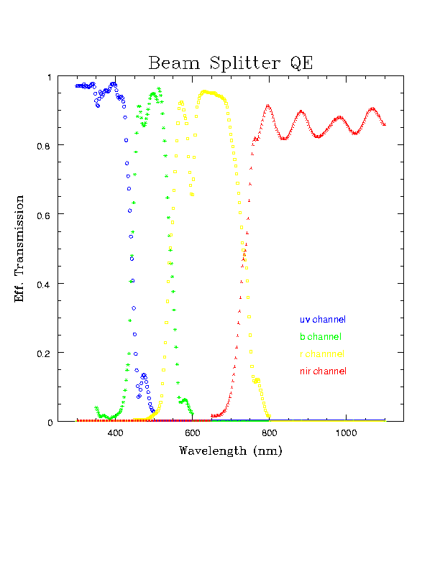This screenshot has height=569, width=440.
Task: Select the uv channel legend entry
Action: pyautogui.click(x=323, y=319)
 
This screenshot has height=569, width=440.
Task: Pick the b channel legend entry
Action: pyautogui.click(x=320, y=336)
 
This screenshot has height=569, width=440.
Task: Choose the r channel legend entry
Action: pyautogui.click(x=321, y=354)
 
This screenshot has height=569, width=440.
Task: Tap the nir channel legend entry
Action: pyautogui.click(x=323, y=371)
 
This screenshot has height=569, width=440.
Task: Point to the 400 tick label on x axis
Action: pyautogui.click(x=116, y=433)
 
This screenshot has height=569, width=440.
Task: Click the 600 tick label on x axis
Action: pyautogui.click(x=192, y=433)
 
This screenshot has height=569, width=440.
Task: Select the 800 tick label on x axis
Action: pyautogui.click(x=270, y=433)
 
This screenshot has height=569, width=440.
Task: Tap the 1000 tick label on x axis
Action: pyautogui.click(x=346, y=433)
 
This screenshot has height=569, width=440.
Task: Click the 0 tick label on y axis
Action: pyautogui.click(x=50, y=422)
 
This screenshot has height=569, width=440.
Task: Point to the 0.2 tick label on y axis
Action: pyautogui.click(x=45, y=353)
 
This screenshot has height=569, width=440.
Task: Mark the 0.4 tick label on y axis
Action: pyautogui.click(x=45, y=284)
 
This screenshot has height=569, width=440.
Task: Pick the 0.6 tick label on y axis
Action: pyautogui.click(x=45, y=215)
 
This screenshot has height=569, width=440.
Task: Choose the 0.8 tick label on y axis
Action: pyautogui.click(x=45, y=145)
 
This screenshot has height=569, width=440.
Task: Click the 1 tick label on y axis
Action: pyautogui.click(x=50, y=77)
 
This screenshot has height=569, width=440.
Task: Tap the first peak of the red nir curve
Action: pyautogui.click(x=268, y=106)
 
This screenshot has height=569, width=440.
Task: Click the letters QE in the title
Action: pyautogui.click(x=302, y=63)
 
